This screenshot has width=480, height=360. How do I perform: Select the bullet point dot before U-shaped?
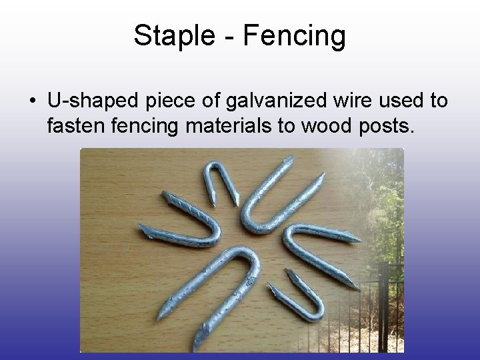pos(32,102)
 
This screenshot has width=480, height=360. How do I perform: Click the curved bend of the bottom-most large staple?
pos(243,263)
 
